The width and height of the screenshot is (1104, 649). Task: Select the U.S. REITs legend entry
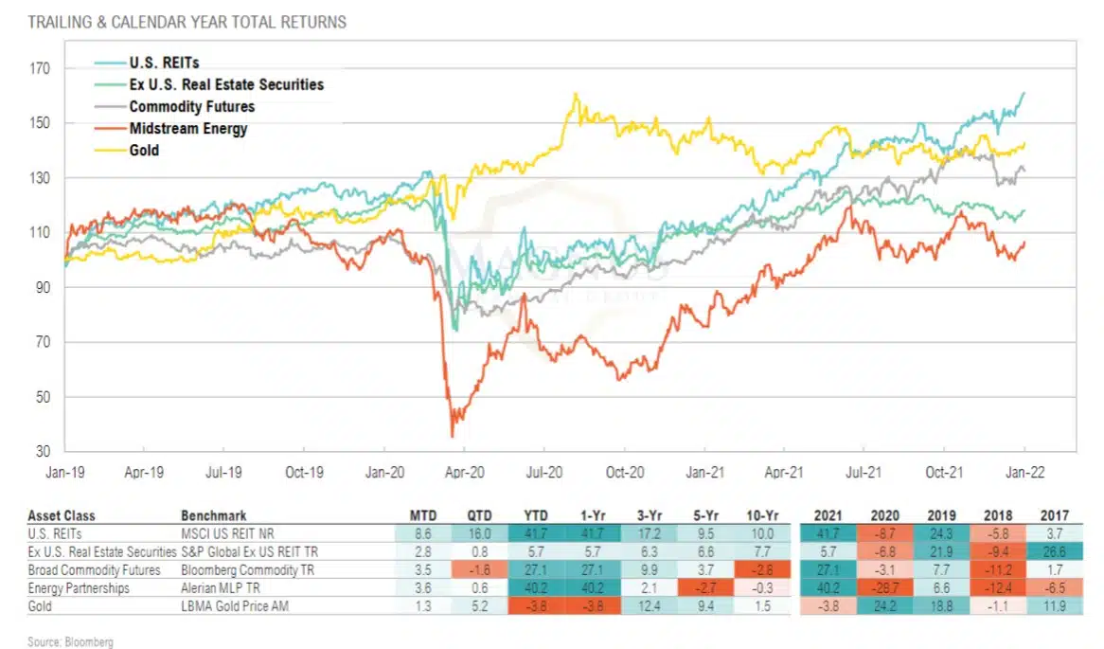pyautogui.click(x=164, y=63)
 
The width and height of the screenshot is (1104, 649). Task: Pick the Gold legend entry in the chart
pyautogui.click(x=144, y=150)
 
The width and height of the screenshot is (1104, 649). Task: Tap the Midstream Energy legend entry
pyautogui.click(x=187, y=128)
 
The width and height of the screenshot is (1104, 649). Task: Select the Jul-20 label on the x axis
pyautogui.click(x=543, y=469)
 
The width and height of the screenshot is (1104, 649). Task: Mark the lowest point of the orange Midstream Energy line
pyautogui.click(x=452, y=436)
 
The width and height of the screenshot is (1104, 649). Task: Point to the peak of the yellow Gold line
pyautogui.click(x=575, y=94)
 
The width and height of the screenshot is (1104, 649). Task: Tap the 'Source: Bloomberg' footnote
pyautogui.click(x=70, y=641)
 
